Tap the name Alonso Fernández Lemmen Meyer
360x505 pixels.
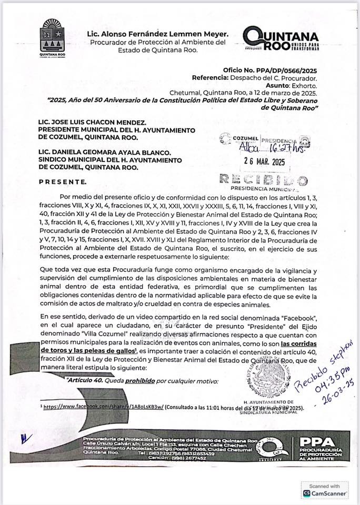pyautogui.click(x=157, y=34)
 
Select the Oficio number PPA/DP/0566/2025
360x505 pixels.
pyautogui.click(x=285, y=69)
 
